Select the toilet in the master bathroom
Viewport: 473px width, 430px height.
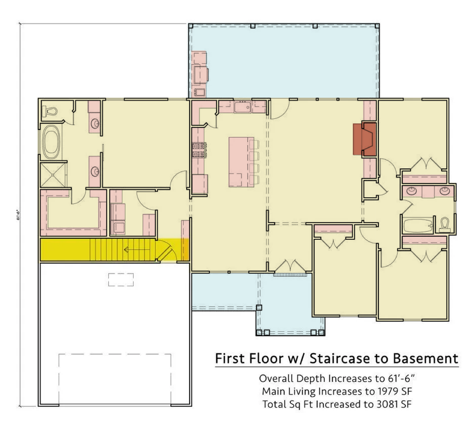coord(50,111)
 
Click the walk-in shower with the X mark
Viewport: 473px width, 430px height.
coord(53,174)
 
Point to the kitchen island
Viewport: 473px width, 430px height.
coord(241,161)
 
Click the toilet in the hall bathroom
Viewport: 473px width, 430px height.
coord(444,224)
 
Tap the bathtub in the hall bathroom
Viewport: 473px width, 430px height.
coord(418,226)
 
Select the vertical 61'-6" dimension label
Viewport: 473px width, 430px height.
coord(19,215)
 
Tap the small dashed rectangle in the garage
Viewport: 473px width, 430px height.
coord(121,279)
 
